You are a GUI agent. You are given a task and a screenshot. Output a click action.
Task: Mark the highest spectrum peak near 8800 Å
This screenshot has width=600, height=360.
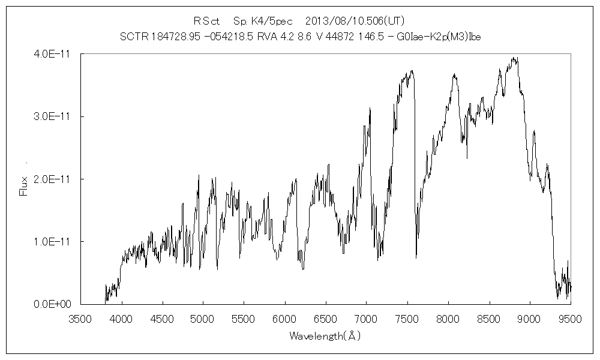pyautogui.click(x=514, y=58)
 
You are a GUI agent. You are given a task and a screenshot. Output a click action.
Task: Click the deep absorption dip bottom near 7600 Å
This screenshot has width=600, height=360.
pyautogui.click(x=416, y=257)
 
